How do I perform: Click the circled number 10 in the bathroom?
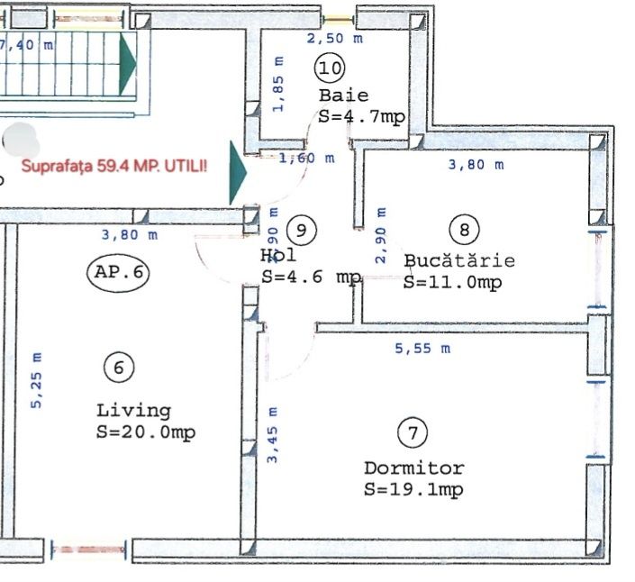tap(330, 68)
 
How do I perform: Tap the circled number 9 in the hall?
tap(302, 230)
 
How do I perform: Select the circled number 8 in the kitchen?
tap(464, 230)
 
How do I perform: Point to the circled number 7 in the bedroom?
tap(412, 433)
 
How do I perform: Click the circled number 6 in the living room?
tap(118, 367)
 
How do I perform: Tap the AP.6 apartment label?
tap(119, 271)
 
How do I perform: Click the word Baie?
tap(343, 95)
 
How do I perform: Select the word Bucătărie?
tap(459, 261)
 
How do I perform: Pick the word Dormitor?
tap(413, 468)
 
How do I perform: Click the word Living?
tap(133, 411)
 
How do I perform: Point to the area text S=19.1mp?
tap(413, 490)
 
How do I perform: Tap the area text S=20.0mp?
tap(145, 432)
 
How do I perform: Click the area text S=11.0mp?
tap(453, 282)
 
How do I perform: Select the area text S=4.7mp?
tap(361, 116)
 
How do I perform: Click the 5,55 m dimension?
tap(422, 349)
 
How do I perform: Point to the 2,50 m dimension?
tap(334, 39)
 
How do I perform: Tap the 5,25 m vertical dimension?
tap(37, 379)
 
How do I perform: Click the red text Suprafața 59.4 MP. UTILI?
tap(113, 167)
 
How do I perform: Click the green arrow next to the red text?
tap(237, 172)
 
